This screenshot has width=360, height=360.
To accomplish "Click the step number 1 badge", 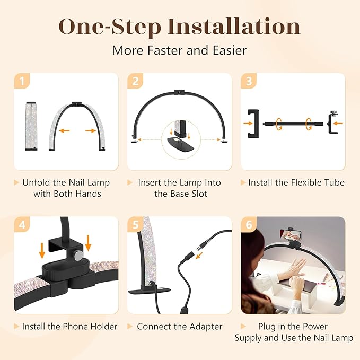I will coord(22,81).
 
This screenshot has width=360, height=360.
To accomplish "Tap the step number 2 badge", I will coord(136,81).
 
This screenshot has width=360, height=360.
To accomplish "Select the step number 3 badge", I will coord(249,81).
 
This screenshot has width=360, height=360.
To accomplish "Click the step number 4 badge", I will coord(22,225).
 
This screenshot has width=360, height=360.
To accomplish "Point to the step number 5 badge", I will coord(136,225).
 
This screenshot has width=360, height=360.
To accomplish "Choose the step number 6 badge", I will coord(249,225).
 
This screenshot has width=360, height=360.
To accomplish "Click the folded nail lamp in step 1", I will coord(33,126).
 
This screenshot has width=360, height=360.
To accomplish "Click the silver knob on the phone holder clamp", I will coord(78,256).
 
